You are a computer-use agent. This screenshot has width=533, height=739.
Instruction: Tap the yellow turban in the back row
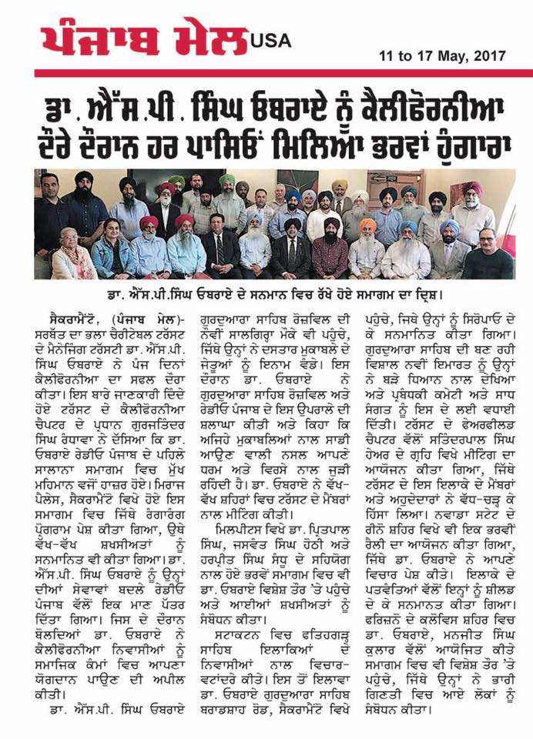point(339,187)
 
